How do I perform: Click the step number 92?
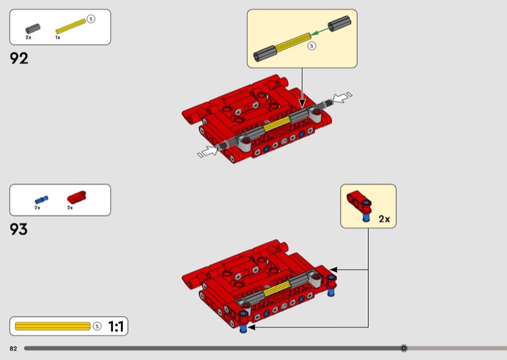(19, 58)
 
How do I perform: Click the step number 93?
(19, 229)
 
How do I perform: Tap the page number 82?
(13, 349)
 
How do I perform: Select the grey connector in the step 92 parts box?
(33, 29)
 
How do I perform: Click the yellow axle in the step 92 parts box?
(71, 26)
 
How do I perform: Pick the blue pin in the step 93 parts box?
(42, 200)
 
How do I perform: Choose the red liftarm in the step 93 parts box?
(77, 197)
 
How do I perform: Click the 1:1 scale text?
(116, 326)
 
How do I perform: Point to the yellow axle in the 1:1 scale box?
(53, 326)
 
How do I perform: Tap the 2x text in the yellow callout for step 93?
(384, 219)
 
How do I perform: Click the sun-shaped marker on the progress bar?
(404, 348)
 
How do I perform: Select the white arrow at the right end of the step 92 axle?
(342, 98)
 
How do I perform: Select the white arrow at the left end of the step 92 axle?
(208, 151)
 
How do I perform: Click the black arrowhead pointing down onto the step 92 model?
(302, 103)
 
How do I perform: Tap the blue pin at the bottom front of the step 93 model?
(243, 328)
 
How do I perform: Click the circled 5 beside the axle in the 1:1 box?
(97, 326)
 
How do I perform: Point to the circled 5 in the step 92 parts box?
(91, 19)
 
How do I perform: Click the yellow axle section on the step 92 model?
(277, 124)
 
